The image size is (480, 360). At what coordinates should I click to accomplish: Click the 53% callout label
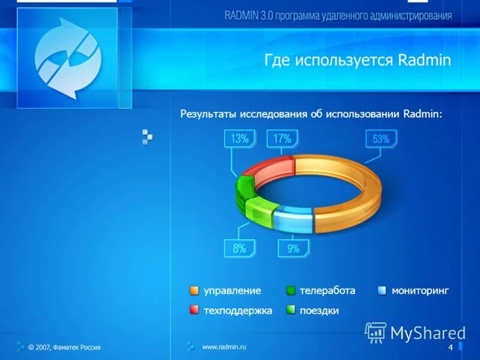coord(381,139)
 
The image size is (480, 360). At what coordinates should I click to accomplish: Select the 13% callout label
coord(239,139)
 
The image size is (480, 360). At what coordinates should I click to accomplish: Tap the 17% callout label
coord(282,139)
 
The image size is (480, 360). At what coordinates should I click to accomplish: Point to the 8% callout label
coord(239,248)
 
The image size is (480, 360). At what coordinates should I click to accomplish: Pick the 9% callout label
coord(293,248)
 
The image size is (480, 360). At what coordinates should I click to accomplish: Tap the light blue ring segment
coord(294,219)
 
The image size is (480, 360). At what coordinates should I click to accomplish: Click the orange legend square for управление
coord(194,291)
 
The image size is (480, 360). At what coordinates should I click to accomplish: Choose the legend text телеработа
coord(328,290)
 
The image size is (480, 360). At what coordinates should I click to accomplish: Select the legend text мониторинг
coord(420,290)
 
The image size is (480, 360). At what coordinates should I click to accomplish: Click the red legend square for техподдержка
coord(194,310)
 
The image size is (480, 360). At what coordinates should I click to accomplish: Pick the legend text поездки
coord(319,310)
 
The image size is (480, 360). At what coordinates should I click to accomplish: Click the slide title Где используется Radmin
coord(358,60)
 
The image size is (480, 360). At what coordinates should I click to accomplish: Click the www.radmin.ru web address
coord(224,347)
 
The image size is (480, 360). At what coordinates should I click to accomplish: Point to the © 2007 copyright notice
coord(64,347)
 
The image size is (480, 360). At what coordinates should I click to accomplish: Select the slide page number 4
coord(451,349)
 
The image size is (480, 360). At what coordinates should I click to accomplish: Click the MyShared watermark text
coord(428,333)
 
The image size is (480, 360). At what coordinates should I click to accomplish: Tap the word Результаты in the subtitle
coord(208,113)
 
